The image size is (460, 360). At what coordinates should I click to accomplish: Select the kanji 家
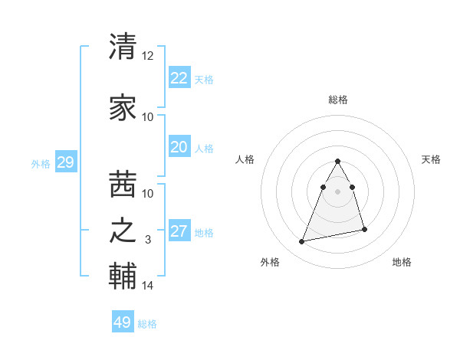pos(123,107)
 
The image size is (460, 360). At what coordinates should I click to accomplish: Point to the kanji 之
pos(123,231)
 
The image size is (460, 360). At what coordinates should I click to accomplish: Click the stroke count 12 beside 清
pos(147,56)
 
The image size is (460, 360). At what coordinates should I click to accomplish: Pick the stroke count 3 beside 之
pos(148,240)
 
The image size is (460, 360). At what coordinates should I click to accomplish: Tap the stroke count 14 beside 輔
pos(147,286)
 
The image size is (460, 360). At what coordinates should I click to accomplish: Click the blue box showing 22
pos(179,77)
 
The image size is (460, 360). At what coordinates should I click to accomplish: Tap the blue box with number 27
pos(179,231)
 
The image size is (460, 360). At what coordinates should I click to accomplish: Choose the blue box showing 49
pos(122,322)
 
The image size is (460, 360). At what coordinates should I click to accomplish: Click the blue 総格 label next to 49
pos(148,324)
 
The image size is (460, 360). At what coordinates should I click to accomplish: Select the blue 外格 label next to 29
pos(41,163)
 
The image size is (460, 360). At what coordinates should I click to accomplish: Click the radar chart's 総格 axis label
pos(337,100)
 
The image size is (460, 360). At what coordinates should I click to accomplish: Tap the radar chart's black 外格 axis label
pos(270,262)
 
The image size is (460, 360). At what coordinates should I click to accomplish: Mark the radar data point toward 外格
pos(302,241)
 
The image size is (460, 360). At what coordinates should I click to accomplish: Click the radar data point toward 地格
pos(364,229)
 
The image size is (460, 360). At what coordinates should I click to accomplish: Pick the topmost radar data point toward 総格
pos(337,162)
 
